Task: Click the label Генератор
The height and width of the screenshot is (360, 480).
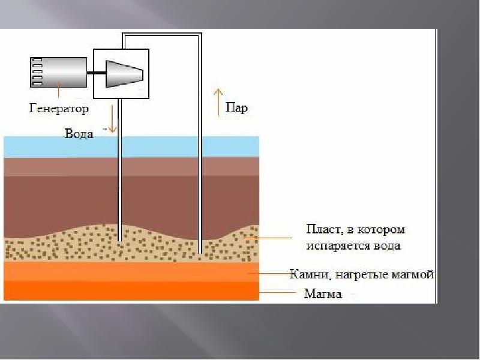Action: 58,109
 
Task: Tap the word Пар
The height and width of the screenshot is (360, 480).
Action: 236,109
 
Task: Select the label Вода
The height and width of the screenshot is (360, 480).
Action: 79,134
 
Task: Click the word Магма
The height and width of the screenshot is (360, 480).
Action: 323,294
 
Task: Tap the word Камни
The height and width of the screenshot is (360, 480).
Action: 308,274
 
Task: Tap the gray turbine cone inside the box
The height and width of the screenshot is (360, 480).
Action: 124,72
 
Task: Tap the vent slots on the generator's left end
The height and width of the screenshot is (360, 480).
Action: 37,71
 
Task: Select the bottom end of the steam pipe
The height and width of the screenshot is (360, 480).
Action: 199,252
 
